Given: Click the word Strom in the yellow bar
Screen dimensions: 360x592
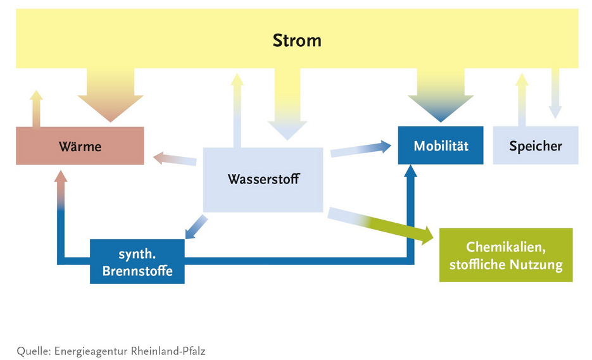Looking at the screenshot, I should pyautogui.click(x=297, y=40).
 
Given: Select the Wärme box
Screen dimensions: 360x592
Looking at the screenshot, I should pyautogui.click(x=80, y=146).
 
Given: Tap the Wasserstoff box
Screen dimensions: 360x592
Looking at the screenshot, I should pyautogui.click(x=263, y=180).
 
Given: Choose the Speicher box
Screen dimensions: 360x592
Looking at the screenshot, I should pyautogui.click(x=535, y=146).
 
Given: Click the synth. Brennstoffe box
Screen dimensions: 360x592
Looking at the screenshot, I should pyautogui.click(x=137, y=261).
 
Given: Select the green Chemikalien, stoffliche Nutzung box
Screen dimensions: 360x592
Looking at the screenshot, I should pyautogui.click(x=506, y=255).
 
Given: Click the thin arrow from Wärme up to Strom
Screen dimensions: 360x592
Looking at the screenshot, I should pyautogui.click(x=36, y=109).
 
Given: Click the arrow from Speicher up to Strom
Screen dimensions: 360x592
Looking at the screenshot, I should pyautogui.click(x=522, y=100).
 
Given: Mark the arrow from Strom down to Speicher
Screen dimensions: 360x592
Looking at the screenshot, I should pyautogui.click(x=555, y=95).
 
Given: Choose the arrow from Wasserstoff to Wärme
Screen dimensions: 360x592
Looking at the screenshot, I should pyautogui.click(x=175, y=158).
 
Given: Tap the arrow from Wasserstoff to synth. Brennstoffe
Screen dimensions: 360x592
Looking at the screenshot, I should pyautogui.click(x=196, y=227).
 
